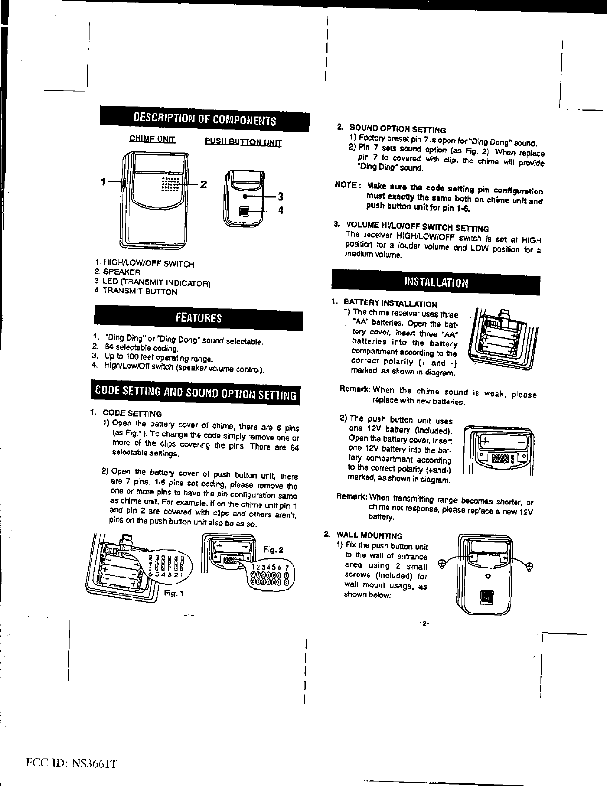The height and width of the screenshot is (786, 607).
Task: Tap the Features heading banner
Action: pos(199,318)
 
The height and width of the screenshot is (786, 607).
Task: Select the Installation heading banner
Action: pos(436,282)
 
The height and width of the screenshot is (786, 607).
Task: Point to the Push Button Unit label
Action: pos(243,142)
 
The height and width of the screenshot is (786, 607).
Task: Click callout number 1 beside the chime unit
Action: pos(103,181)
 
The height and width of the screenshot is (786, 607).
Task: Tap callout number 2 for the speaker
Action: pos(203,184)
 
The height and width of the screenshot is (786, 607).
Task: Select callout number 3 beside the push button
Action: pos(281,196)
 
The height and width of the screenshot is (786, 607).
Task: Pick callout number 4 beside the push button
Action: pos(281,210)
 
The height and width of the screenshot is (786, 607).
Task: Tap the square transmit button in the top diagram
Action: pos(245,211)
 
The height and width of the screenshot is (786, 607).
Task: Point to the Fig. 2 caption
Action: pos(274,550)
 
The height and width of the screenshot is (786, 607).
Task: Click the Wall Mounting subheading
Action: pos(369,535)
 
